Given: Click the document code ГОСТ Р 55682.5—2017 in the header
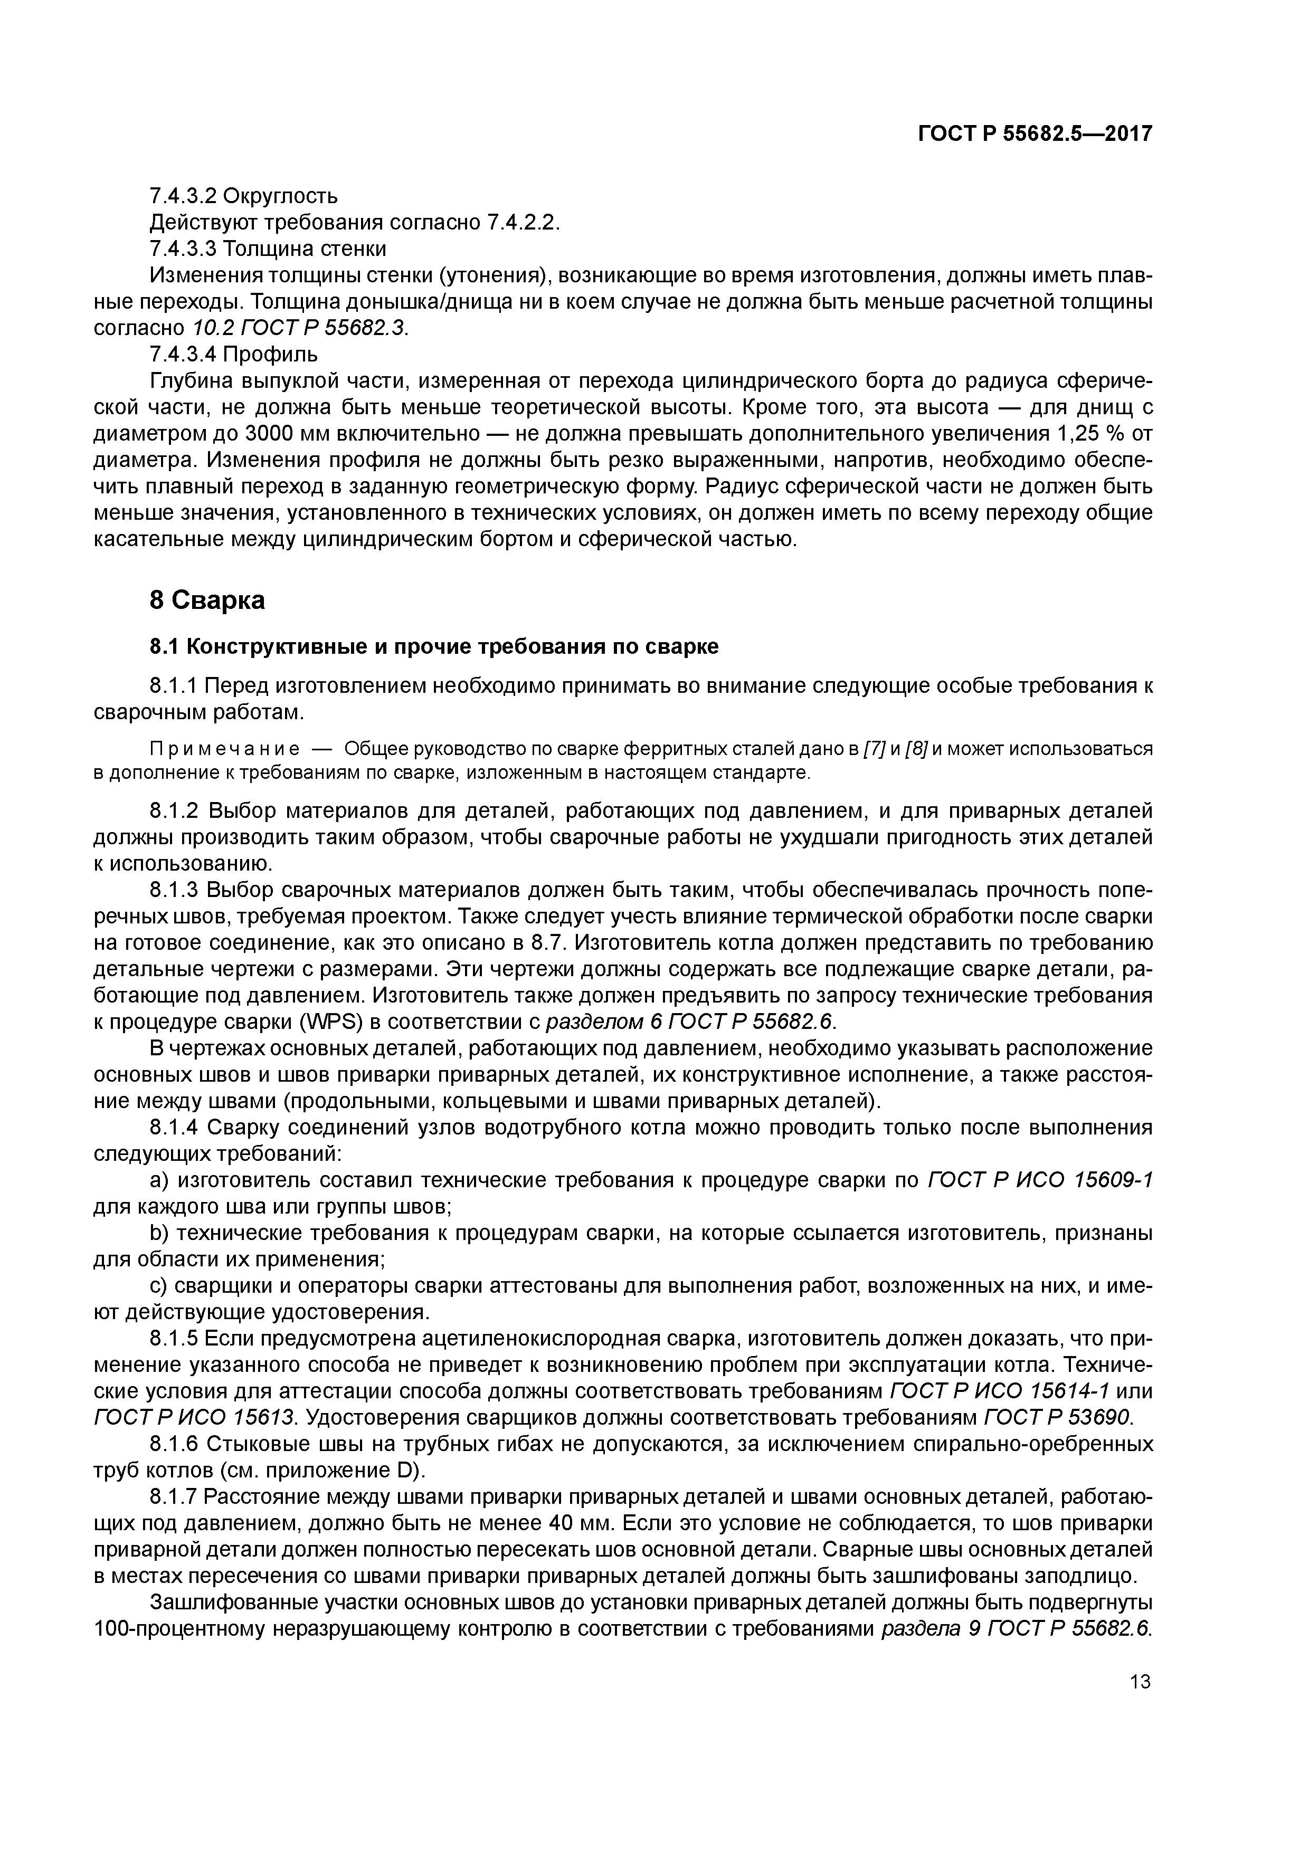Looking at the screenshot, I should (1035, 135).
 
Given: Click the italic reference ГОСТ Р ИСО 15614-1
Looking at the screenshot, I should (1000, 1392).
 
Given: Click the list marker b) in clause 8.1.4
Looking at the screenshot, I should (158, 1234).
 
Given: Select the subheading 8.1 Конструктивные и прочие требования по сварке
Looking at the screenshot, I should (434, 647).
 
